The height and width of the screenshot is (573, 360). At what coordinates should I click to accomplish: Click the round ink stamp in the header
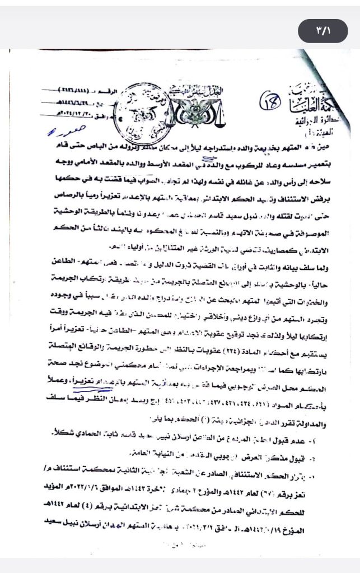tap(140, 106)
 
